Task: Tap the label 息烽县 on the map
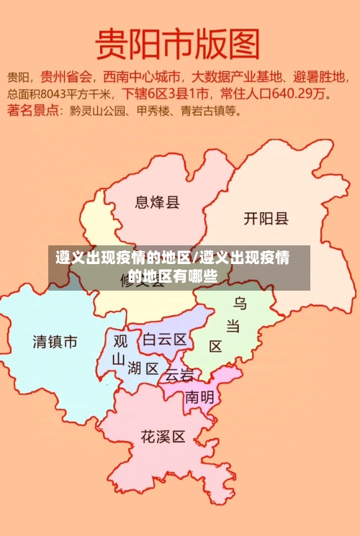pos(157,202)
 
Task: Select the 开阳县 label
pos(266,218)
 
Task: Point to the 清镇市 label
pos(55,342)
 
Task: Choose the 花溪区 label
pos(163,436)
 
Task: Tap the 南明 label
pos(199,397)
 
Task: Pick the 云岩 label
pos(179,375)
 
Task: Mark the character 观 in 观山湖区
pos(121,340)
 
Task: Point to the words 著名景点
pos(34,111)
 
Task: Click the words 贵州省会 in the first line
pos(67,76)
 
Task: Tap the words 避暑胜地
pos(321,76)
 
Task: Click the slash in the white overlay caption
pos(196,258)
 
